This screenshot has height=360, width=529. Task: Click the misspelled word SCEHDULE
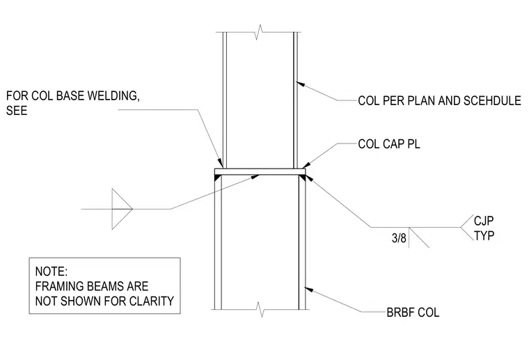[493, 100]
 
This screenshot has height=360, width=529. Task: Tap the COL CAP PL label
[389, 144]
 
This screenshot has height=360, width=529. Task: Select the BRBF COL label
[413, 313]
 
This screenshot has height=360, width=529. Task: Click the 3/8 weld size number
[399, 238]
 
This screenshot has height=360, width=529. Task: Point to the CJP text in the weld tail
[484, 221]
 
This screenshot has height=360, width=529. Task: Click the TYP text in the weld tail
[484, 235]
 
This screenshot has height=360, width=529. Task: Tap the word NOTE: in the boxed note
[52, 272]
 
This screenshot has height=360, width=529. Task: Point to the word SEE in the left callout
[17, 111]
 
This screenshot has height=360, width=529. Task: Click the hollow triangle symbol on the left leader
[122, 209]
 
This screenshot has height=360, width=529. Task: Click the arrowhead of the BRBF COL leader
[308, 290]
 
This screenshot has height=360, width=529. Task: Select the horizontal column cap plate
[260, 172]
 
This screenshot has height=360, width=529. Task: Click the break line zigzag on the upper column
[259, 32]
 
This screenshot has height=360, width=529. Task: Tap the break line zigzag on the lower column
[260, 309]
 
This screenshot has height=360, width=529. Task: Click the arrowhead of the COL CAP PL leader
[306, 165]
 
